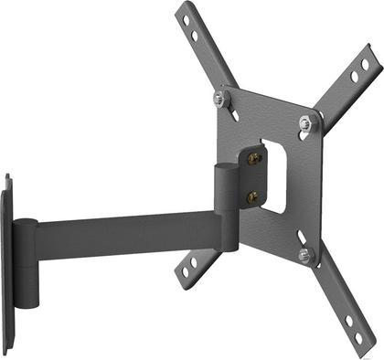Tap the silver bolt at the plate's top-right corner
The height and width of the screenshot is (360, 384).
coord(305,122)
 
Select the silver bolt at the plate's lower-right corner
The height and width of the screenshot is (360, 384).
coord(305,255)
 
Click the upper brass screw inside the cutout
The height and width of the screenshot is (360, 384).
coord(253,158)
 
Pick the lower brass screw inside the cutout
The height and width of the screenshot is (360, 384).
coord(253,195)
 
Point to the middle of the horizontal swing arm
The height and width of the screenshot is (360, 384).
coord(128,236)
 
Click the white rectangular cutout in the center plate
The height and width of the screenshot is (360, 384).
coord(274,175)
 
